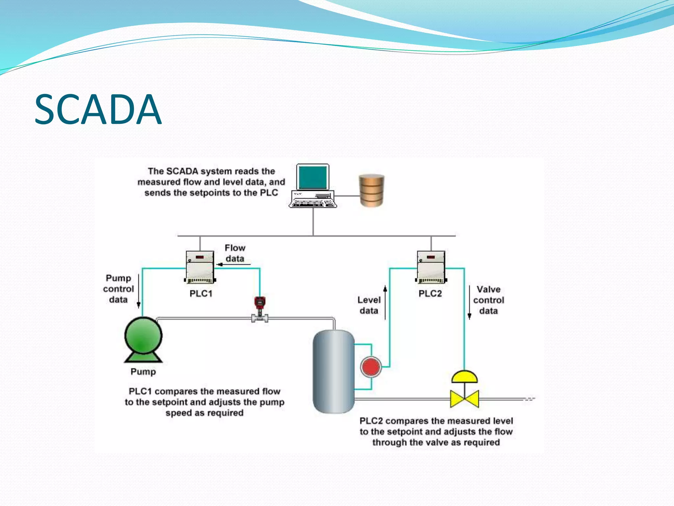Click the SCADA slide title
[98, 109]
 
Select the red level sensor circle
[371, 367]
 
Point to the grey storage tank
[333, 372]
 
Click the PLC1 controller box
[200, 267]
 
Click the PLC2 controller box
[431, 267]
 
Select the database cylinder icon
[372, 190]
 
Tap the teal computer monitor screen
[313, 177]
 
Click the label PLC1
[201, 294]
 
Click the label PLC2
[430, 294]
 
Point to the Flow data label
[235, 253]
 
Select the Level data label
[369, 305]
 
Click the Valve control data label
[488, 300]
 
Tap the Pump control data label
[118, 289]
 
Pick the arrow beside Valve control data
[469, 302]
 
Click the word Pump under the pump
[143, 372]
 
